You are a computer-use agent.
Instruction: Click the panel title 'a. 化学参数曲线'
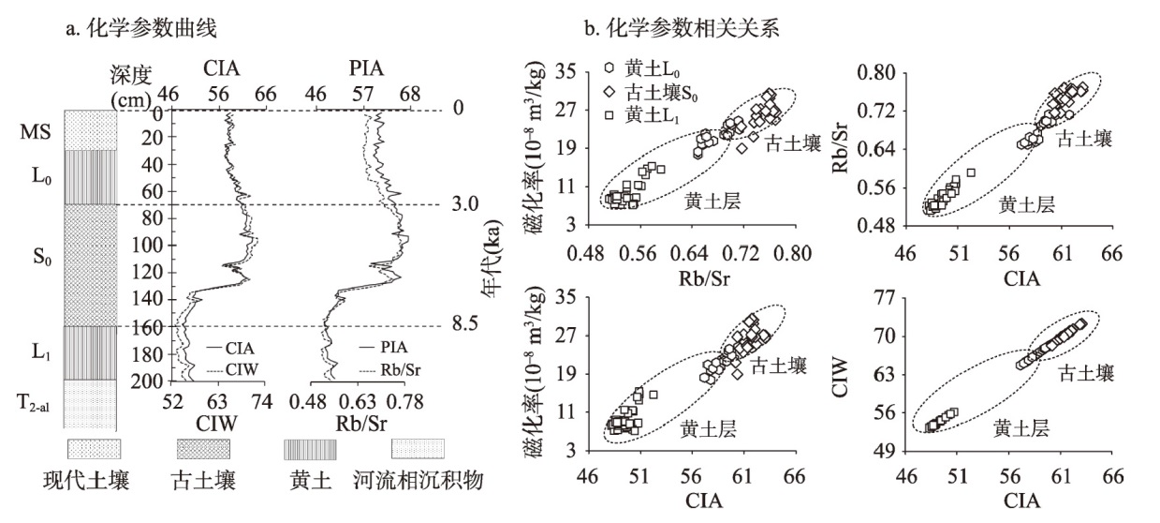pyautogui.click(x=140, y=29)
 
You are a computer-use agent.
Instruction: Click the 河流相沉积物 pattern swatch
pyautogui.click(x=418, y=447)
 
